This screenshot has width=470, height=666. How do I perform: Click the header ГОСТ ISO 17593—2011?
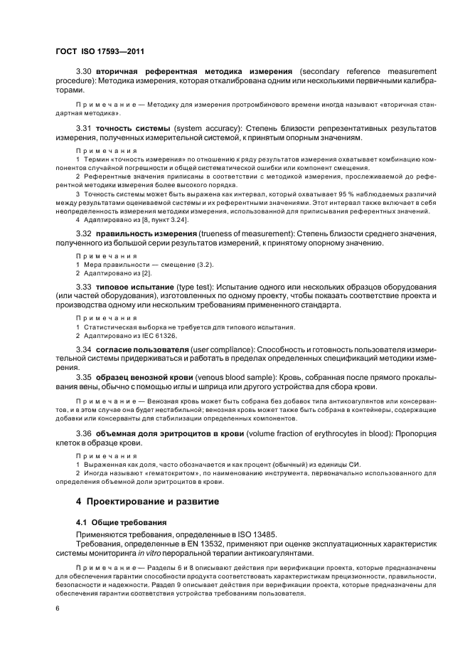coord(101,52)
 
